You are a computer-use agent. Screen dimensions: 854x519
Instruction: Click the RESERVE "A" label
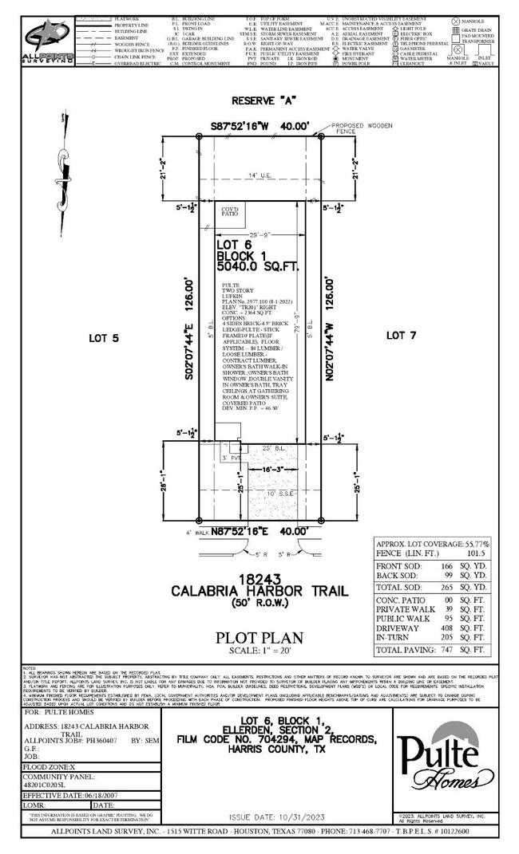(259, 102)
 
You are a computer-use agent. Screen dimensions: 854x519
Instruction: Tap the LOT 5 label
(105, 337)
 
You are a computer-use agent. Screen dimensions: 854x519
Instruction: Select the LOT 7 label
(401, 336)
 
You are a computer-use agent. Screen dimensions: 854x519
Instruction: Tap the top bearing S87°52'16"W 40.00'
(259, 125)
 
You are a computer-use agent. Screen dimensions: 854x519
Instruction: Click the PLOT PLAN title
(259, 637)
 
